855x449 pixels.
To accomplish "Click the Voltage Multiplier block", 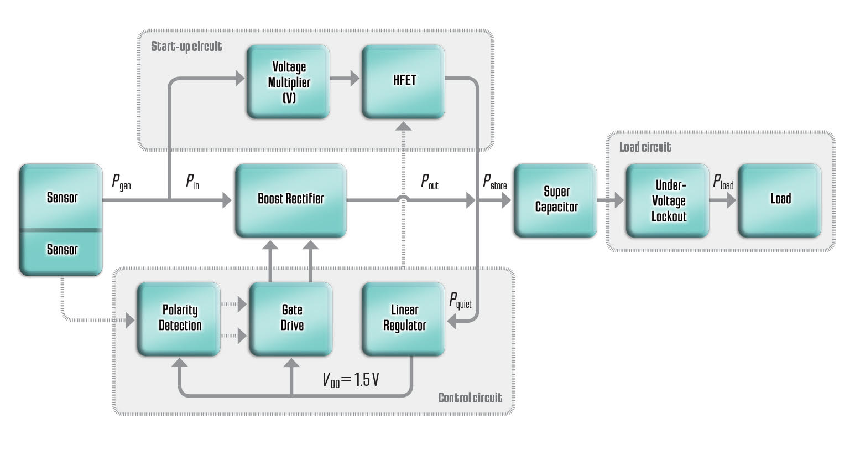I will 288,82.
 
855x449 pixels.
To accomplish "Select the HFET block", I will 403,81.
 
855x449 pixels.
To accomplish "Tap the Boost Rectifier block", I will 291,199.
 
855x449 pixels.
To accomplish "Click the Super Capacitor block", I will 555,200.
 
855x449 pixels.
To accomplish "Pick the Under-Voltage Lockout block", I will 668,200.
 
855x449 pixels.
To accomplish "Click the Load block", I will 780,199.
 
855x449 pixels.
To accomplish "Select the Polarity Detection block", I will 179,318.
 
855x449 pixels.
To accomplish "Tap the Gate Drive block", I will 291,318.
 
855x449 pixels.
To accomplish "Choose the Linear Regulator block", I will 404,318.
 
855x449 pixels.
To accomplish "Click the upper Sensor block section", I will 61,197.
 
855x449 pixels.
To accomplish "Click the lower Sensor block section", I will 61,251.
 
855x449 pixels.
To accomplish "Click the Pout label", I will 429,182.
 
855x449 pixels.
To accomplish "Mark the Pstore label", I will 494,182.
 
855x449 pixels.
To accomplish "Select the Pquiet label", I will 460,301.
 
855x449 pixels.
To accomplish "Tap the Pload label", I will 723,182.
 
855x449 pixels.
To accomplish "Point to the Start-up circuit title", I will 186,47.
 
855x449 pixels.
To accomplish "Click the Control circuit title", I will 470,398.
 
